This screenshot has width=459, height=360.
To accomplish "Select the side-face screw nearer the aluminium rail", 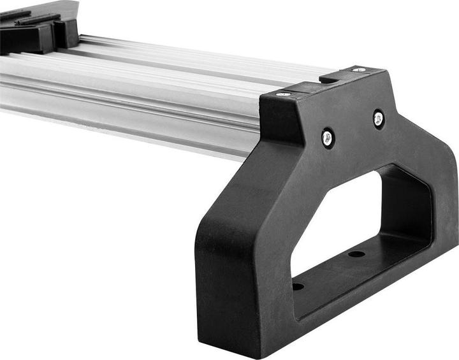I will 327,136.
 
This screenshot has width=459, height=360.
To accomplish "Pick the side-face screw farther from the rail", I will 379,118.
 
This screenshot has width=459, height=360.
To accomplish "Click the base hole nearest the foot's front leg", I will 298,286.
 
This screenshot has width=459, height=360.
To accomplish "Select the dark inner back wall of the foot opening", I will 408,204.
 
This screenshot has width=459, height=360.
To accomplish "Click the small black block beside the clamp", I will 67,32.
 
